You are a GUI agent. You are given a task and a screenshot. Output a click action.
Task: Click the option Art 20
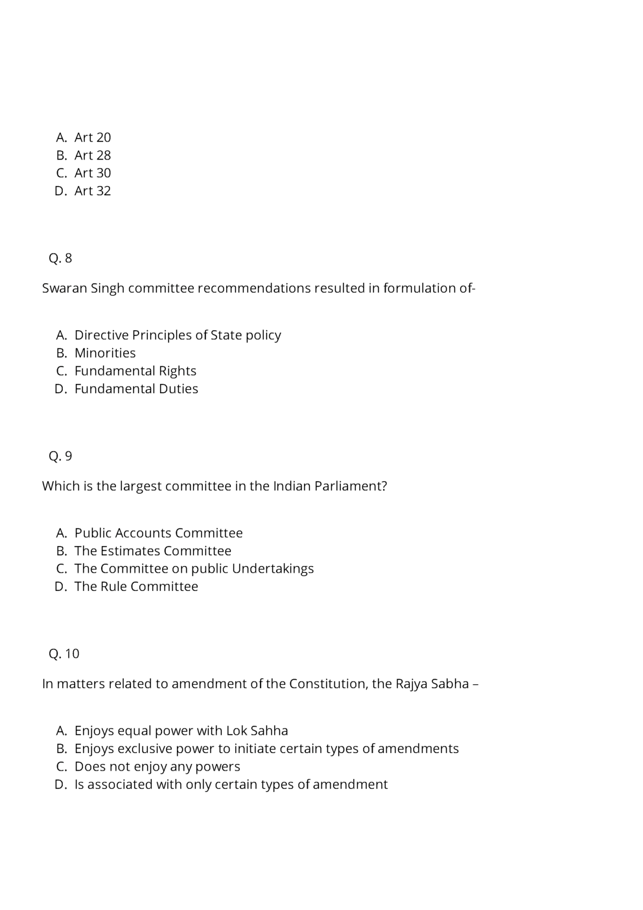pos(92,138)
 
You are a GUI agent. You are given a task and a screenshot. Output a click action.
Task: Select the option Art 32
pos(92,191)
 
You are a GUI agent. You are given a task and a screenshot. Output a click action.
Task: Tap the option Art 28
pos(92,155)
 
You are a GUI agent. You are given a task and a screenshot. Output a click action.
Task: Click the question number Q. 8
pos(60,258)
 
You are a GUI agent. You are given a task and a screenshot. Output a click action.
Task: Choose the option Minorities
pos(105,353)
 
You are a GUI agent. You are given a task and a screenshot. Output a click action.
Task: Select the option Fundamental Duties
pos(136,389)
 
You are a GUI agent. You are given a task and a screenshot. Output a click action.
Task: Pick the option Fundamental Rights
pos(135,371)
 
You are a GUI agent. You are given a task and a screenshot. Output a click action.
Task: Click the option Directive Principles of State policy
pos(178,335)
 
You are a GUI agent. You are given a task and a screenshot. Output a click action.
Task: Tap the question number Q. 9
pos(60,456)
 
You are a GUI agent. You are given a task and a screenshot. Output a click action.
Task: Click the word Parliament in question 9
pos(350,486)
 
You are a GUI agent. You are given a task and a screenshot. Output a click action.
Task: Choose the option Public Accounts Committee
pos(158,533)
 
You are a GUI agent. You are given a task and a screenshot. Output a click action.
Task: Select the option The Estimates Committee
pos(152,551)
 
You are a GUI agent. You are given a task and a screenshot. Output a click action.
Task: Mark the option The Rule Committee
pos(136,586)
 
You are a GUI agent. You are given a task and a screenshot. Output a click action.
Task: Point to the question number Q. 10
pos(64,654)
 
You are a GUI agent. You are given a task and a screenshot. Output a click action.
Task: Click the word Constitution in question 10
pos(328,684)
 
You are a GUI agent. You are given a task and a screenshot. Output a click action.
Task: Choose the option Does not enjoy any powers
pos(157,767)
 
